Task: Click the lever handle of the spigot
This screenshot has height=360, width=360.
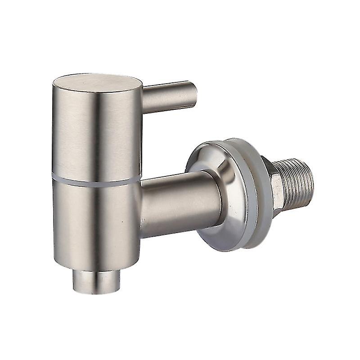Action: (169, 96)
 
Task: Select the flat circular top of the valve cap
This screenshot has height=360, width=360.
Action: (97, 83)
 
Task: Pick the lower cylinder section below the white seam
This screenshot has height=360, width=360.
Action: (97, 220)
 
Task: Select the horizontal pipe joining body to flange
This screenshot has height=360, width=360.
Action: (180, 202)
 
